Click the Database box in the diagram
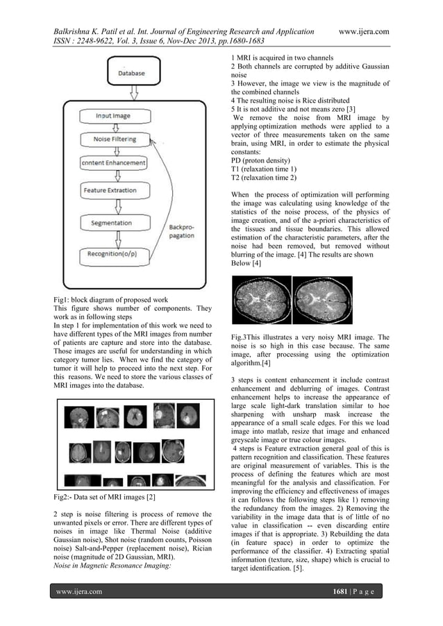point(131,71)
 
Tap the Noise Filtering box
point(115,139)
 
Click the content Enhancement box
point(114,163)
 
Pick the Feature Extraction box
point(114,190)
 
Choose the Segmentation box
point(115,223)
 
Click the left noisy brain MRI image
point(260,302)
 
